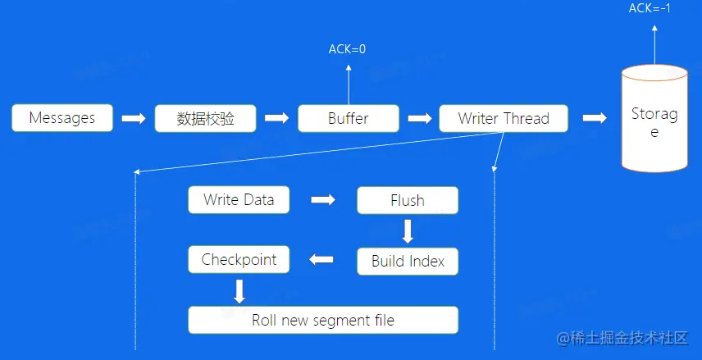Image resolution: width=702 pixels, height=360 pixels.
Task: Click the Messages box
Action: point(62,118)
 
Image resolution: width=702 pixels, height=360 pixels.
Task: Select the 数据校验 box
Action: point(206,118)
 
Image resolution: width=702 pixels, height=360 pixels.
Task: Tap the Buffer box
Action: point(349,118)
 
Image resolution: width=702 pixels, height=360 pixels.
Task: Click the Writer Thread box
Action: point(503,118)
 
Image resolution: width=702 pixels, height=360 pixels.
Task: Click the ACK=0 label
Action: point(348,49)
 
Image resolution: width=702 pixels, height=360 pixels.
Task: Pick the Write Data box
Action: point(239,199)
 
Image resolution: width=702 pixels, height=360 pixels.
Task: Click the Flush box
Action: point(408,200)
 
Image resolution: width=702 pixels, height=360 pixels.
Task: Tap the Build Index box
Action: point(408,262)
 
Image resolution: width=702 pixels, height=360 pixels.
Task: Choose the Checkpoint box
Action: point(239,260)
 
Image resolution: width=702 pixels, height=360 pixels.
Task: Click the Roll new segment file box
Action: point(323,320)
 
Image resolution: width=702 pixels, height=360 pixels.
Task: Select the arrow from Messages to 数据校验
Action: point(134,118)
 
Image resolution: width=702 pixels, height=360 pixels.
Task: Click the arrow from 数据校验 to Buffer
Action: point(277,118)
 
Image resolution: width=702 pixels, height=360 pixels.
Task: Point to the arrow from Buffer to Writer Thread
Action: point(419,118)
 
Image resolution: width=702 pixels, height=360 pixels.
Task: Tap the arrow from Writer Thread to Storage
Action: point(595,118)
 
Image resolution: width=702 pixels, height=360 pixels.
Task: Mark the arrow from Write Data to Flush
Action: point(323,199)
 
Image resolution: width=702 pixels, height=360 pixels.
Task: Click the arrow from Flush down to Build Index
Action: point(408,230)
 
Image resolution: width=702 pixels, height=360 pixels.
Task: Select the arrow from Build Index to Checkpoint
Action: point(323,261)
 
